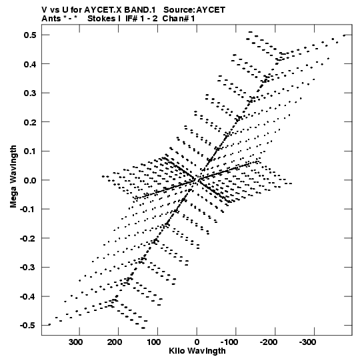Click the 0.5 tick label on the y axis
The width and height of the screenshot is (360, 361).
pyautogui.click(x=30, y=35)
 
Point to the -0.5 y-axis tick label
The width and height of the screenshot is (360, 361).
pyautogui.click(x=28, y=326)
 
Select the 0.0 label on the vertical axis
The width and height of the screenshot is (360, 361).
pyautogui.click(x=30, y=180)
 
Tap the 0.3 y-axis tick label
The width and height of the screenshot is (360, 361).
pyautogui.click(x=30, y=93)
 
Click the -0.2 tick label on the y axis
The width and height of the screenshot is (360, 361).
pyautogui.click(x=28, y=238)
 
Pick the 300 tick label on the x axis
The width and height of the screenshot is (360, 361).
pyautogui.click(x=76, y=342)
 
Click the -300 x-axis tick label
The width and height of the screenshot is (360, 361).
pyautogui.click(x=307, y=342)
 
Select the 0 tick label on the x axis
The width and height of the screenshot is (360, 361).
pyautogui.click(x=197, y=342)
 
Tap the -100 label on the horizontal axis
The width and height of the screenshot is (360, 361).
pyautogui.click(x=229, y=342)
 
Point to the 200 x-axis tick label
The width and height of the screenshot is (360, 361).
pyautogui.click(x=115, y=342)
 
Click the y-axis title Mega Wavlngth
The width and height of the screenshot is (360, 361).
pyautogui.click(x=13, y=177)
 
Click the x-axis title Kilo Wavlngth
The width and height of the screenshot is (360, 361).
pyautogui.click(x=197, y=351)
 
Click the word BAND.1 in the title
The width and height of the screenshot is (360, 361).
pyautogui.click(x=140, y=10)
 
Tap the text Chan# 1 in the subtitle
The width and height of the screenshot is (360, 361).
pyautogui.click(x=179, y=19)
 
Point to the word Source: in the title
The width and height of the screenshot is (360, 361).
pyautogui.click(x=179, y=10)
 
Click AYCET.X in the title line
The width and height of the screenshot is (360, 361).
pyautogui.click(x=103, y=10)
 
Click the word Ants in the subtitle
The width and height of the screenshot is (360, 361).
pyautogui.click(x=51, y=19)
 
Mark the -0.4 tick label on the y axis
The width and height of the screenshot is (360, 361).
pyautogui.click(x=28, y=296)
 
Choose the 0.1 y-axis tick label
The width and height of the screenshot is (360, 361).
pyautogui.click(x=30, y=151)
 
